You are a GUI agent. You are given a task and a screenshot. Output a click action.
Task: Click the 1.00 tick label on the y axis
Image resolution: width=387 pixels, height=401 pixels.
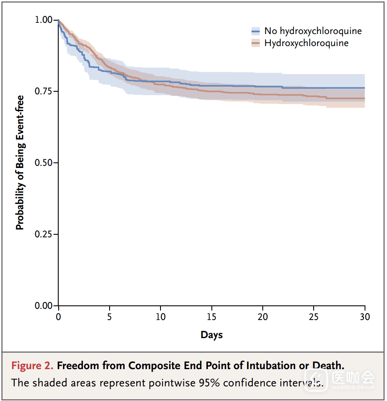click(x=44, y=20)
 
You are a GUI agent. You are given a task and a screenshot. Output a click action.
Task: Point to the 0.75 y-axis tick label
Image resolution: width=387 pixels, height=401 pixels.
click(x=44, y=91)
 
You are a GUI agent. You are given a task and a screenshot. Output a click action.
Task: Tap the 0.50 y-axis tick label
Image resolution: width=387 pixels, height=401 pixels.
click(x=44, y=163)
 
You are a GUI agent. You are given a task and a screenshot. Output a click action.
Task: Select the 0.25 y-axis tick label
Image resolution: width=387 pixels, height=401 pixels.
click(x=44, y=234)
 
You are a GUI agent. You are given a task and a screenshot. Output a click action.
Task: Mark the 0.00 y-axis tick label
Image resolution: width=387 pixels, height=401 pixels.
click(x=44, y=306)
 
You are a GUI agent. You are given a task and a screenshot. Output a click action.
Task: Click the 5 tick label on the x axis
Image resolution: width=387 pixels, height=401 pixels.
click(x=109, y=317)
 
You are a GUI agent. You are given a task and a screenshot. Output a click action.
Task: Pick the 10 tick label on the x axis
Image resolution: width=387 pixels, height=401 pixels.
click(x=160, y=317)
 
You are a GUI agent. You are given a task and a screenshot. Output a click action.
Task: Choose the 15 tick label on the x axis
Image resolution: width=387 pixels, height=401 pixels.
click(x=211, y=317)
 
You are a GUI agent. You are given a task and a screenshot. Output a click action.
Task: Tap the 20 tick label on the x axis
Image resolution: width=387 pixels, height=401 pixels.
click(x=263, y=317)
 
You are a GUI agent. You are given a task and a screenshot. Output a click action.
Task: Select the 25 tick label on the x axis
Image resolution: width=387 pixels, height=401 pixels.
click(x=314, y=317)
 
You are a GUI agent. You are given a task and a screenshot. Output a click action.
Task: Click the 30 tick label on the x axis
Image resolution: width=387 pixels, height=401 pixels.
click(x=365, y=317)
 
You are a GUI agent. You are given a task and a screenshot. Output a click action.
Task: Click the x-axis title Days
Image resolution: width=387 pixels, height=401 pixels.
click(x=211, y=335)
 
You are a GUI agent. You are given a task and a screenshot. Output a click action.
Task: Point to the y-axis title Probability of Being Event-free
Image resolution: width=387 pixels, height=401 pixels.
click(x=20, y=163)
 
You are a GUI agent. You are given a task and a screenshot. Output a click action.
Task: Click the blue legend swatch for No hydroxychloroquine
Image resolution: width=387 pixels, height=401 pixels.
click(x=255, y=31)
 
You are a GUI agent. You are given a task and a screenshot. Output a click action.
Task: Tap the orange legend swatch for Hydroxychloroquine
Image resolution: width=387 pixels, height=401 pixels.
click(x=255, y=43)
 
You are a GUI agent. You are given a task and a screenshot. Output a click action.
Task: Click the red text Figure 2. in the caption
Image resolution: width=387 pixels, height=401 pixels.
click(x=32, y=366)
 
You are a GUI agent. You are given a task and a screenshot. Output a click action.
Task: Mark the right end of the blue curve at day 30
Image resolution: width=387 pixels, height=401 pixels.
click(x=365, y=88)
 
